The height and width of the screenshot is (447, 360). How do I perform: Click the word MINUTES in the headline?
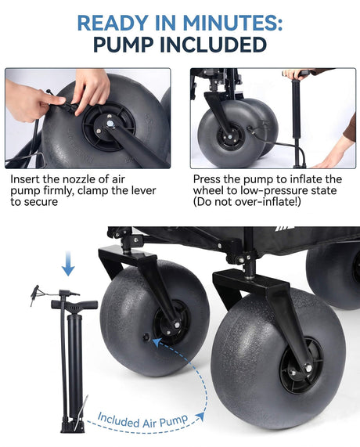(232, 23)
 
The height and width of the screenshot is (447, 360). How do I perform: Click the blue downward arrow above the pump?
(68, 263)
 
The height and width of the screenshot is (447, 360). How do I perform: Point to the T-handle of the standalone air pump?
(74, 305)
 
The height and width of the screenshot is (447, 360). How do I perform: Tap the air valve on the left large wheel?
(146, 337)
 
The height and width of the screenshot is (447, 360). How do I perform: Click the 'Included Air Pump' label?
(142, 420)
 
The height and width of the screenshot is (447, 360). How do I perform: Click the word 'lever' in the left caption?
(142, 190)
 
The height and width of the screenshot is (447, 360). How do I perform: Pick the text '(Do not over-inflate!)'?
(247, 202)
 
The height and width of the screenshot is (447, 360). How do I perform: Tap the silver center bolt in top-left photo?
(110, 123)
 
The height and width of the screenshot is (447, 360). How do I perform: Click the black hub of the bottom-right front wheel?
(297, 368)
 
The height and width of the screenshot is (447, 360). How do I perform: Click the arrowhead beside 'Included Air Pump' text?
(200, 416)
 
